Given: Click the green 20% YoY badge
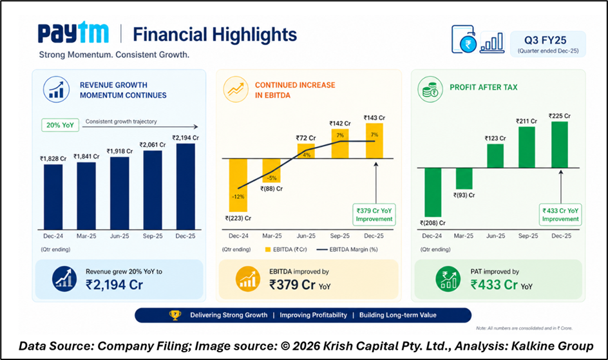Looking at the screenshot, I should click(59, 125).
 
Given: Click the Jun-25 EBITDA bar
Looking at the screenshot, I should click(306, 151).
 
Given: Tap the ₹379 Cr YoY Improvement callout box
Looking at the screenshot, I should click(374, 214).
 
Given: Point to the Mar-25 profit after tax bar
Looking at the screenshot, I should click(464, 178).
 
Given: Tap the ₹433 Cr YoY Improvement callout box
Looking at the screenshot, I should click(561, 214).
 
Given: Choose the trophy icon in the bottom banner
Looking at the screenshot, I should click(175, 315).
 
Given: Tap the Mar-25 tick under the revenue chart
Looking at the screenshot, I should click(87, 236).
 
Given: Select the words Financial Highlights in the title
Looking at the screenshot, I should click(214, 34).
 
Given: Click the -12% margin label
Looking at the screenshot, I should click(239, 197).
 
